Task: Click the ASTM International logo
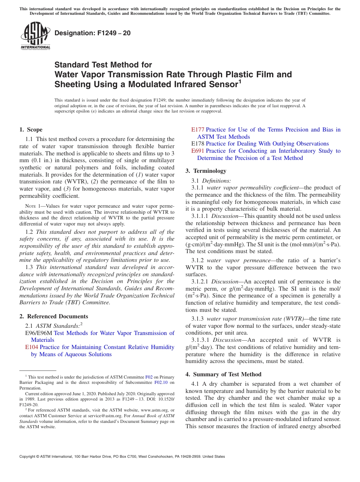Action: coord(35,35)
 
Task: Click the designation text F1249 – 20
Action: coord(93,33)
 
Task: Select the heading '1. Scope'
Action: coord(31,130)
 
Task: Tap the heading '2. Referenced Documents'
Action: coord(54,316)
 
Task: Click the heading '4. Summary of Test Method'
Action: coord(223,374)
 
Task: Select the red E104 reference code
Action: coord(31,347)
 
